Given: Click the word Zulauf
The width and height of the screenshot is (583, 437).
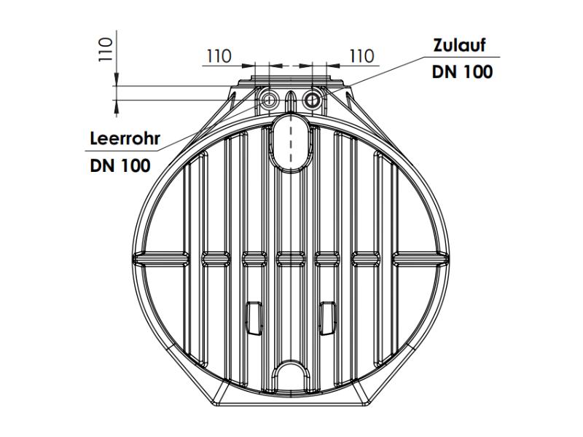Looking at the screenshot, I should (458, 45).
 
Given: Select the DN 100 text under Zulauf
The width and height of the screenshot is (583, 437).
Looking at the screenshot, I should (461, 71).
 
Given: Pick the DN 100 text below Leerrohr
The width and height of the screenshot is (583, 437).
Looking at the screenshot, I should (120, 165).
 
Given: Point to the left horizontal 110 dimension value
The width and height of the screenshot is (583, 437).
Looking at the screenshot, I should (219, 56).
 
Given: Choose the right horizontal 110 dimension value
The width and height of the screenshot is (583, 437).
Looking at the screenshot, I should (361, 56).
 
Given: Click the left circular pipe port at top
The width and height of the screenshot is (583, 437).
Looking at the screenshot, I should (268, 100).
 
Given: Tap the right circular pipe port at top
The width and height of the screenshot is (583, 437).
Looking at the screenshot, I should (313, 100).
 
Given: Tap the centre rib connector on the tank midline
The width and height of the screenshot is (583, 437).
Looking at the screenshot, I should (291, 257).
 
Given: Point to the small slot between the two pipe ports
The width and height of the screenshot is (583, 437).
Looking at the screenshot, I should (291, 100).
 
